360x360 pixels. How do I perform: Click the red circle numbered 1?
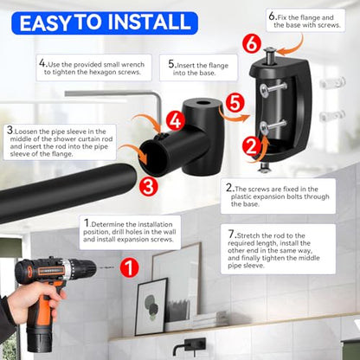tap(130, 267)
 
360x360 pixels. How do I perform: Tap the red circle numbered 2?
tap(252, 146)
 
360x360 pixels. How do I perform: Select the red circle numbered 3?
tap(148, 187)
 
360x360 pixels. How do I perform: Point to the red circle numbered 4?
tap(175, 120)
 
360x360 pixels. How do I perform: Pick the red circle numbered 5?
tap(235, 103)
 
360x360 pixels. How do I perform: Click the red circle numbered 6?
tap(252, 44)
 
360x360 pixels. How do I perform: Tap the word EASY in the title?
tap(45, 22)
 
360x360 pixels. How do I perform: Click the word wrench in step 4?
tap(133, 65)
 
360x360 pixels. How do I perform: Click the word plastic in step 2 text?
tap(242, 196)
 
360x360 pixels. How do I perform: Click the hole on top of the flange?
tap(202, 103)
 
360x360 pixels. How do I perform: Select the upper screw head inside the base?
tap(266, 91)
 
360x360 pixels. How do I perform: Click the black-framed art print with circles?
tap(151, 306)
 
